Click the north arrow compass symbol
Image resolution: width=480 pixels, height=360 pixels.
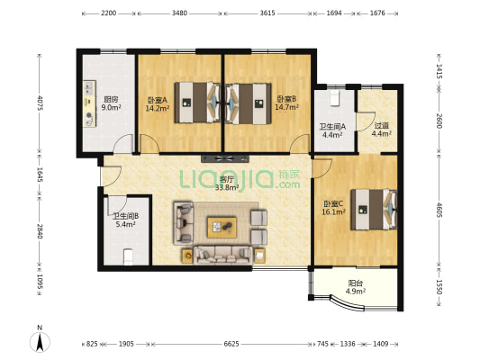pos(40,342)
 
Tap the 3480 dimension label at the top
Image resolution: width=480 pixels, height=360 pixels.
pos(179,13)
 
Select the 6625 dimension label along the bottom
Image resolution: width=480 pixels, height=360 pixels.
pos(231,344)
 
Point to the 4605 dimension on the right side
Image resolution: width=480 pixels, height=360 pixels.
pos(439,210)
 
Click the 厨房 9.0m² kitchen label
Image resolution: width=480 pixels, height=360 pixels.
pos(111,103)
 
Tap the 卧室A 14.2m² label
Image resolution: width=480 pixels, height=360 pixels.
pos(158,104)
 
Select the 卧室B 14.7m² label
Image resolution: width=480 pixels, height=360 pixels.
pos(287,103)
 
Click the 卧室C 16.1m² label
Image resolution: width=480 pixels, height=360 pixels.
pos(334,208)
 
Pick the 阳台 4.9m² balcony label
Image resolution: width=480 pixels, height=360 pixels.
pos(356,287)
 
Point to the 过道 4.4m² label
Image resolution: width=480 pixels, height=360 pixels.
pos(382,130)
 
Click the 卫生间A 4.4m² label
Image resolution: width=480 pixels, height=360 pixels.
pos(332,130)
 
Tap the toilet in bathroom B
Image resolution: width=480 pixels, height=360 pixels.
pos(128,256)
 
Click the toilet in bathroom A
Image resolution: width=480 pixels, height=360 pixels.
pos(335,98)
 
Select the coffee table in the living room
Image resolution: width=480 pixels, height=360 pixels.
pos(222,228)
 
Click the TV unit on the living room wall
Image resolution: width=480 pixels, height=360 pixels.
pos(225,158)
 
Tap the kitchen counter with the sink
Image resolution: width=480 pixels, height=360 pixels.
pos(89,103)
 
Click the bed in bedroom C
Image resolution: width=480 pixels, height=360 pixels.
pos(374,210)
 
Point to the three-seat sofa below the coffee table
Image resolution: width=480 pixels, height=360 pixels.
pos(222,255)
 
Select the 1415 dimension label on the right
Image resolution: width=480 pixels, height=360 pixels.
pos(439,71)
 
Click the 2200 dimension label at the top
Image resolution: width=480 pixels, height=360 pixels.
pos(108,13)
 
